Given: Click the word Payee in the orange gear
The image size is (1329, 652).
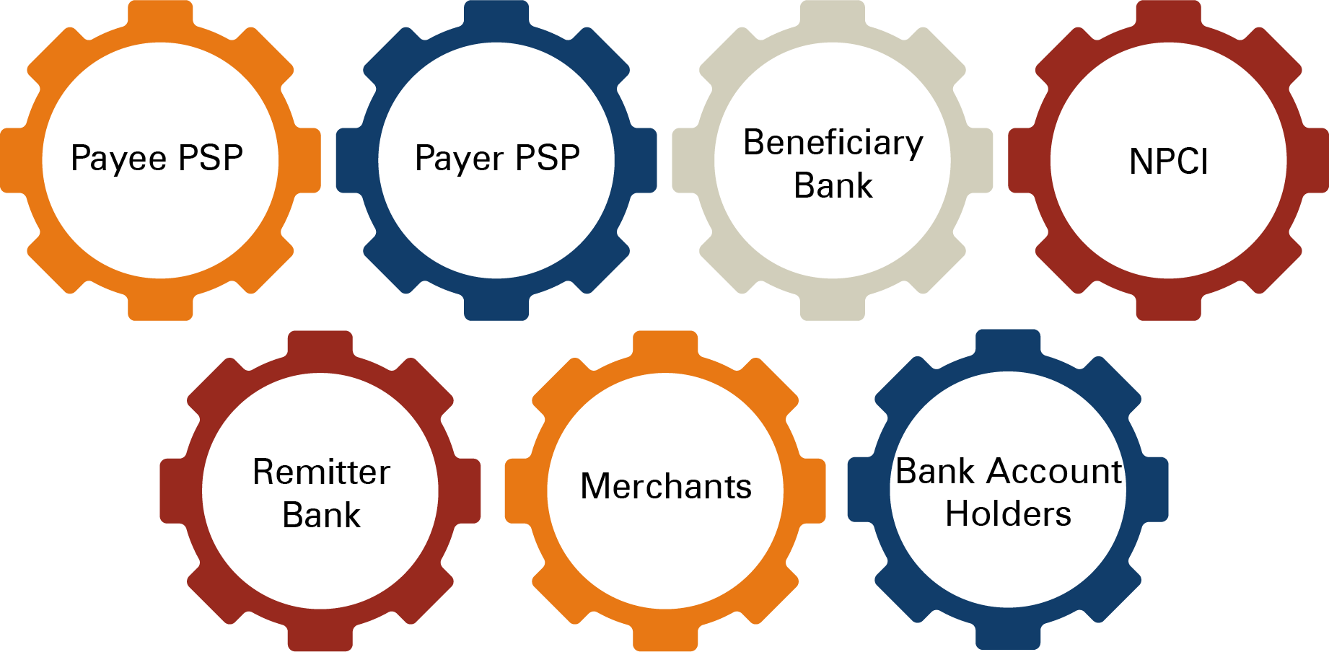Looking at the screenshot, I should pyautogui.click(x=119, y=159).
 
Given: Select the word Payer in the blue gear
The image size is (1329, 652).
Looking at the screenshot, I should pyautogui.click(x=460, y=159).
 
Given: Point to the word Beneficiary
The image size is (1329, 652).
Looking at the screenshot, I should pyautogui.click(x=833, y=143).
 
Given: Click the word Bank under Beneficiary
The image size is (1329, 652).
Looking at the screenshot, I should pyautogui.click(x=833, y=186).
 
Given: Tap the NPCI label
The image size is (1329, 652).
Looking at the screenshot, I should pyautogui.click(x=1168, y=162).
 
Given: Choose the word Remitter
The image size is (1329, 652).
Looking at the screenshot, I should pyautogui.click(x=321, y=472).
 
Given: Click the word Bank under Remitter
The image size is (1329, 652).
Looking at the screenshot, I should pyautogui.click(x=321, y=515).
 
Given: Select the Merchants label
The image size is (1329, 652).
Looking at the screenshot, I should pyautogui.click(x=665, y=486).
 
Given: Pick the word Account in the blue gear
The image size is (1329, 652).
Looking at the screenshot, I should pyautogui.click(x=1054, y=472).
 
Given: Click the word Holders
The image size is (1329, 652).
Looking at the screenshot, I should pyautogui.click(x=1008, y=514).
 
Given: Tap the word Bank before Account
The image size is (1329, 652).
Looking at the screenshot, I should pyautogui.click(x=935, y=472).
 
